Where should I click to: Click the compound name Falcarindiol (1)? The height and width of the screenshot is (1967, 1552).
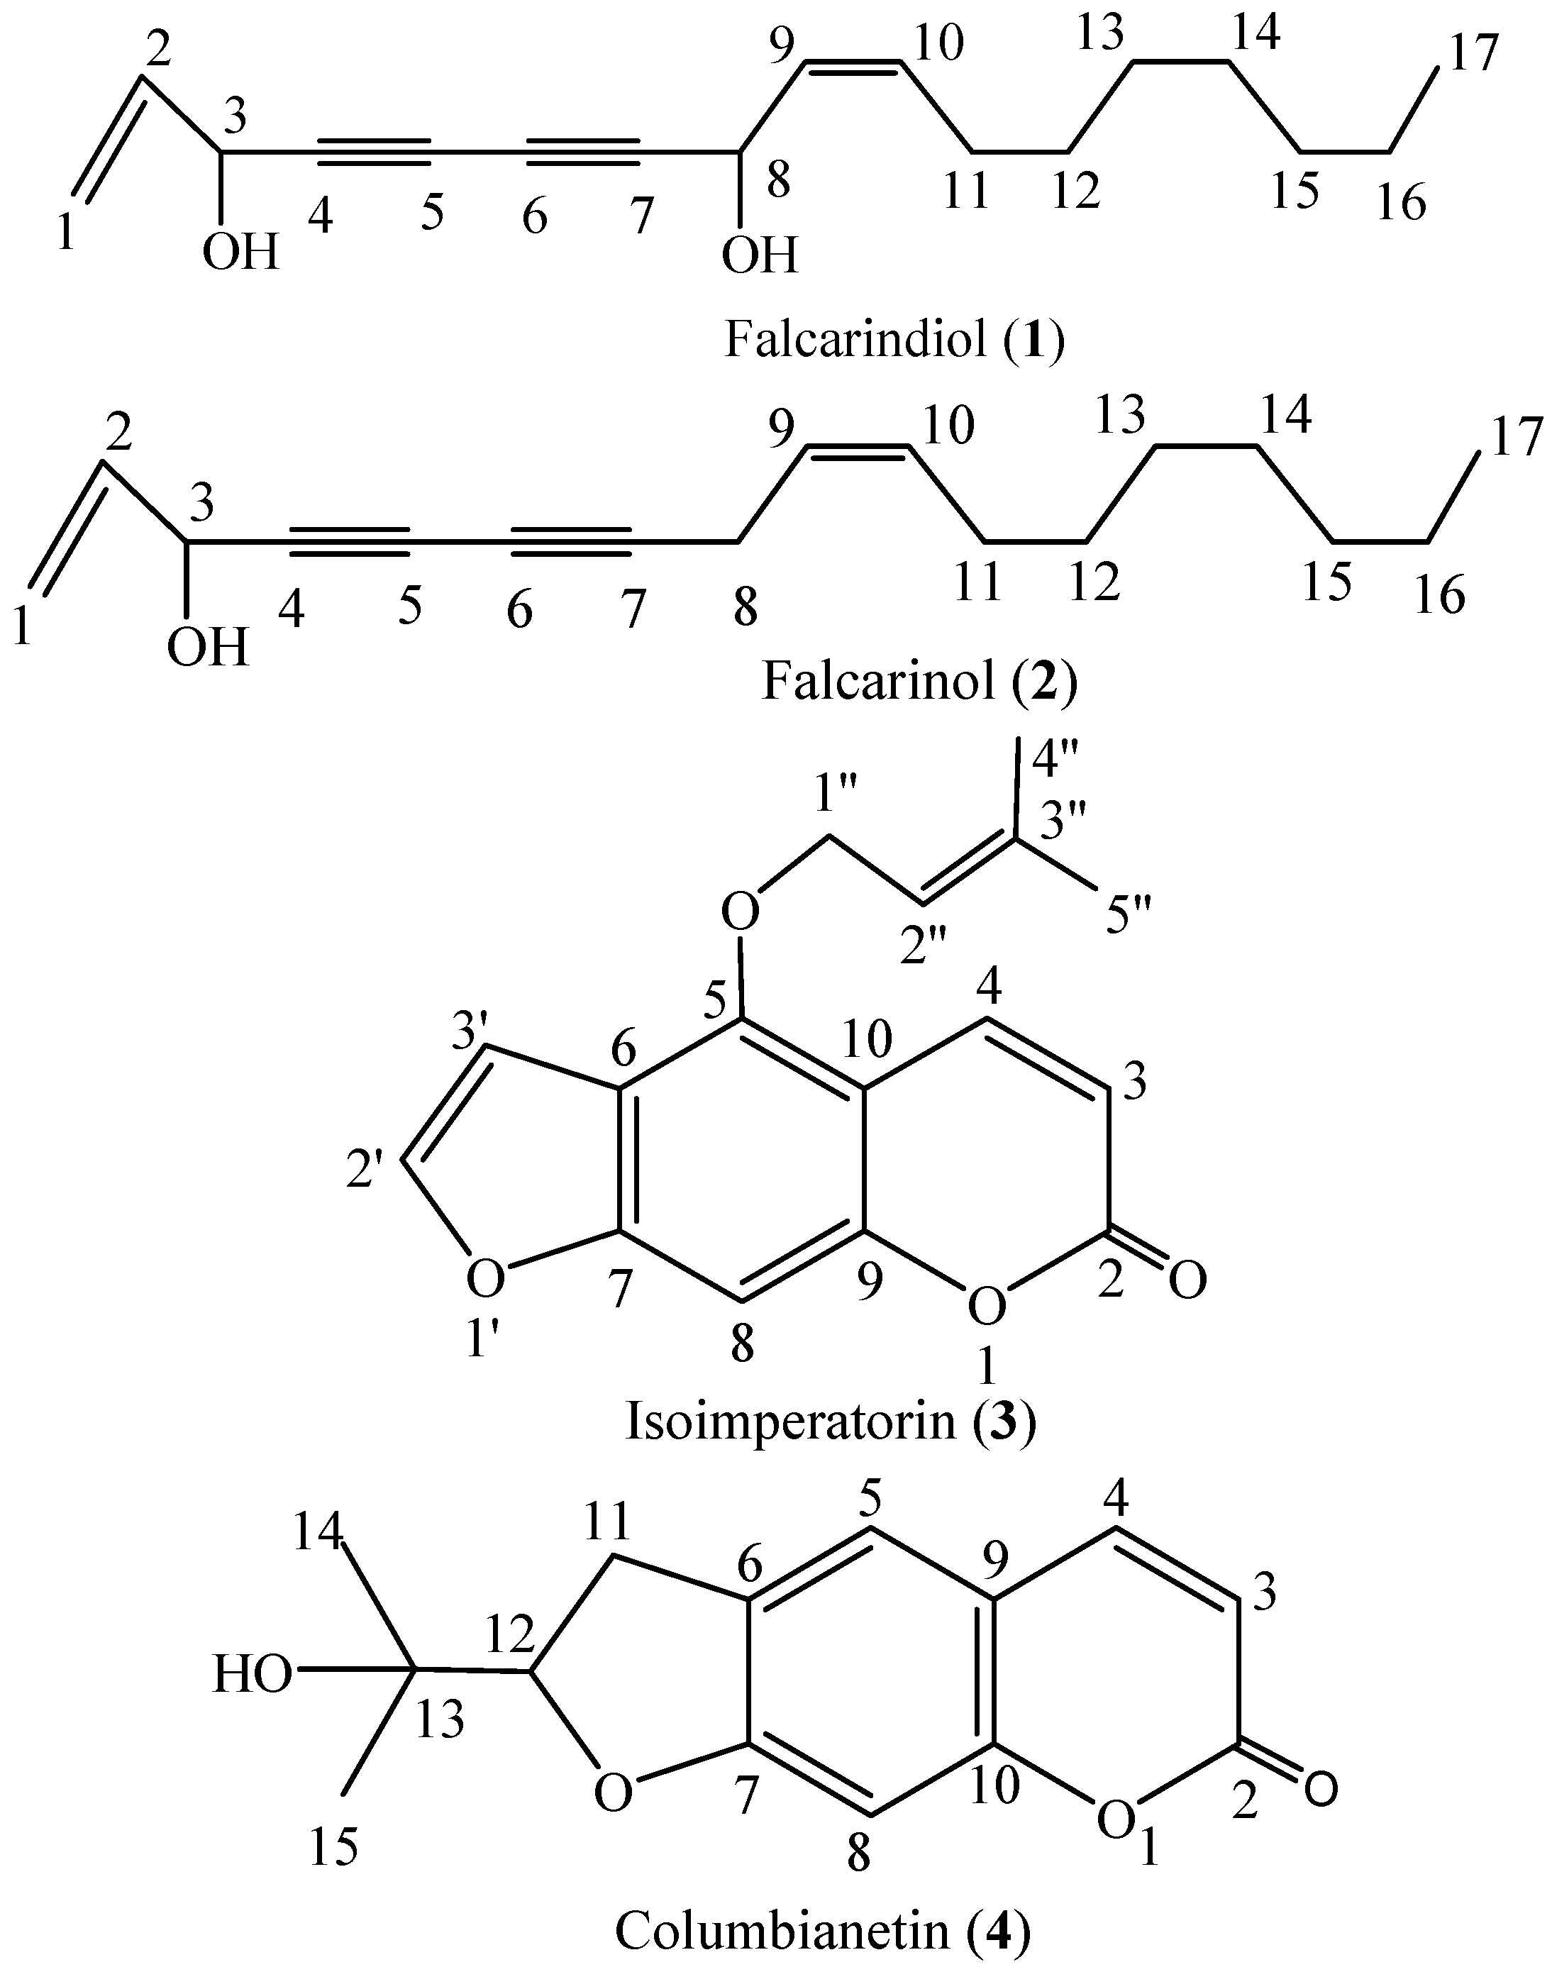click(x=894, y=340)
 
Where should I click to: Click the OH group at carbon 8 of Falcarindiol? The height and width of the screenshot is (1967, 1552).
click(x=759, y=255)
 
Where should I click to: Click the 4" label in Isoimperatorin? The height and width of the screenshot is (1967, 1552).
click(x=1057, y=761)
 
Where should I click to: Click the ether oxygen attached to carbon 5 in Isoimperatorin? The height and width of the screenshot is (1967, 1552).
click(x=741, y=910)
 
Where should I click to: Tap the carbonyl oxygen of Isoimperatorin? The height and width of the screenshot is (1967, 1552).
click(x=1187, y=1281)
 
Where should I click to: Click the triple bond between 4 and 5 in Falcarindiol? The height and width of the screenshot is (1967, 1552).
click(x=375, y=152)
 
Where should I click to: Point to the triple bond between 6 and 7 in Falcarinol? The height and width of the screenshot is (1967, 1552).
click(x=570, y=541)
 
